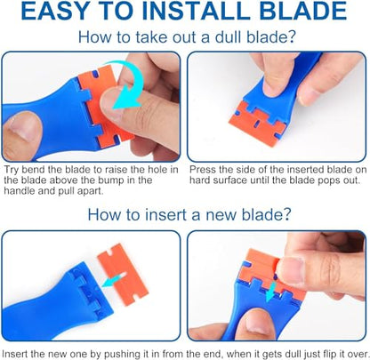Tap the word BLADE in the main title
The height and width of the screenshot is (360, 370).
(303, 12)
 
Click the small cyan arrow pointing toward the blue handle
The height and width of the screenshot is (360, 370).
(113, 280)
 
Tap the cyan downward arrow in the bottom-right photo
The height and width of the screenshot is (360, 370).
(271, 292)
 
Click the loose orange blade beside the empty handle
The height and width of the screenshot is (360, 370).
(123, 274)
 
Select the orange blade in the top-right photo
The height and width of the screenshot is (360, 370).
(257, 123)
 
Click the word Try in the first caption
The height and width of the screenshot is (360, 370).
(12, 170)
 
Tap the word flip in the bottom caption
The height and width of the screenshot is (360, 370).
(333, 354)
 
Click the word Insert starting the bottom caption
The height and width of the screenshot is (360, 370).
(15, 354)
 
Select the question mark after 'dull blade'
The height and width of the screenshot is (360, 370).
(291, 37)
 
